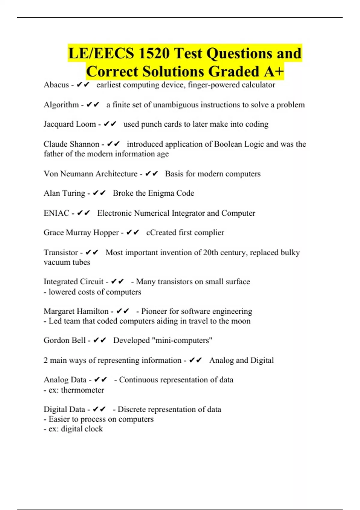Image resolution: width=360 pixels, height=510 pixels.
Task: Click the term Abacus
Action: [x=56, y=85]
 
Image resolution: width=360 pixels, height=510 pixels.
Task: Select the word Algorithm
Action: [x=61, y=105]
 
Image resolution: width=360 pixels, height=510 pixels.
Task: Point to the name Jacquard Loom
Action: [x=70, y=124]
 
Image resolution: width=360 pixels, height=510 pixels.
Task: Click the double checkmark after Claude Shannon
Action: [x=113, y=144]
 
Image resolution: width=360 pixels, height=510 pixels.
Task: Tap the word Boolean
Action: [x=228, y=144]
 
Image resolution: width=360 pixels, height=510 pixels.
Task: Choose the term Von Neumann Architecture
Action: [x=90, y=174]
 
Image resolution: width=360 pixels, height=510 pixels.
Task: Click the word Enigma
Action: [x=161, y=193]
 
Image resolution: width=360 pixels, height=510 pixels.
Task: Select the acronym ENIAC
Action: [x=56, y=213]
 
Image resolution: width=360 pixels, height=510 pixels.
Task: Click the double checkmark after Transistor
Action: [x=92, y=253]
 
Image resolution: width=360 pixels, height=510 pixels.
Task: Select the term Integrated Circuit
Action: [x=73, y=282]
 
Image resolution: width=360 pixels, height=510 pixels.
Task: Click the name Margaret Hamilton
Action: [x=76, y=311]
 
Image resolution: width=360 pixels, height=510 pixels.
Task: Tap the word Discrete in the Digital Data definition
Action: [x=131, y=409]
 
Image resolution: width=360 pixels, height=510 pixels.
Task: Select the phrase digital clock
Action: [x=82, y=429]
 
